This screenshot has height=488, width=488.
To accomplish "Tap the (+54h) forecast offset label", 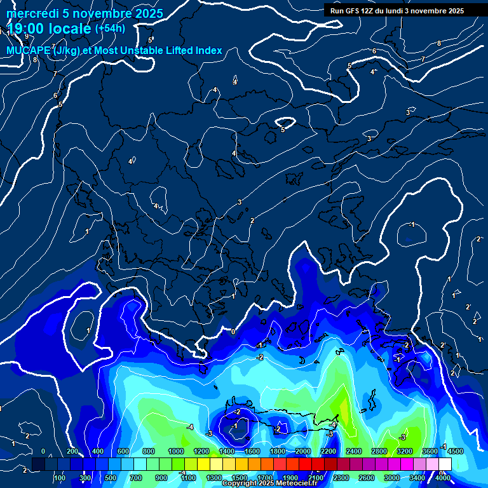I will (110, 28).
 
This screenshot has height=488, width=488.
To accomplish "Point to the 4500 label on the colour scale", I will (456, 452).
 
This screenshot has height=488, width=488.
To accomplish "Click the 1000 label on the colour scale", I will (175, 452).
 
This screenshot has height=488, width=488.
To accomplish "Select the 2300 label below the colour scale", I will (341, 478).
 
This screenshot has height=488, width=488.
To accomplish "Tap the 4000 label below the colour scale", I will (443, 478).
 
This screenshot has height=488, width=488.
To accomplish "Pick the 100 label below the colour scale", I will (60, 478).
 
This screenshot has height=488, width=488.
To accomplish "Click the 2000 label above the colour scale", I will (303, 452).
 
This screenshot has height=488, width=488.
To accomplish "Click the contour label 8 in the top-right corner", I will (438, 43).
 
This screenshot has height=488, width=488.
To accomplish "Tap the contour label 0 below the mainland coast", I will (233, 332).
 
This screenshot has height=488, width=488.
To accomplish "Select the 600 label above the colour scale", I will (124, 452).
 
